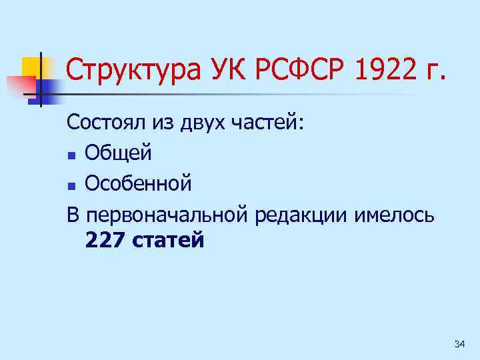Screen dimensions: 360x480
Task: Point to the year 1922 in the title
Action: coord(377,70)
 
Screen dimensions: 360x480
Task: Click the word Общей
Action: coord(119,153)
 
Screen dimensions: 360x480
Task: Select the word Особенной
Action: coord(139,183)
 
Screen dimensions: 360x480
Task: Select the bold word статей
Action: coord(169,239)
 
